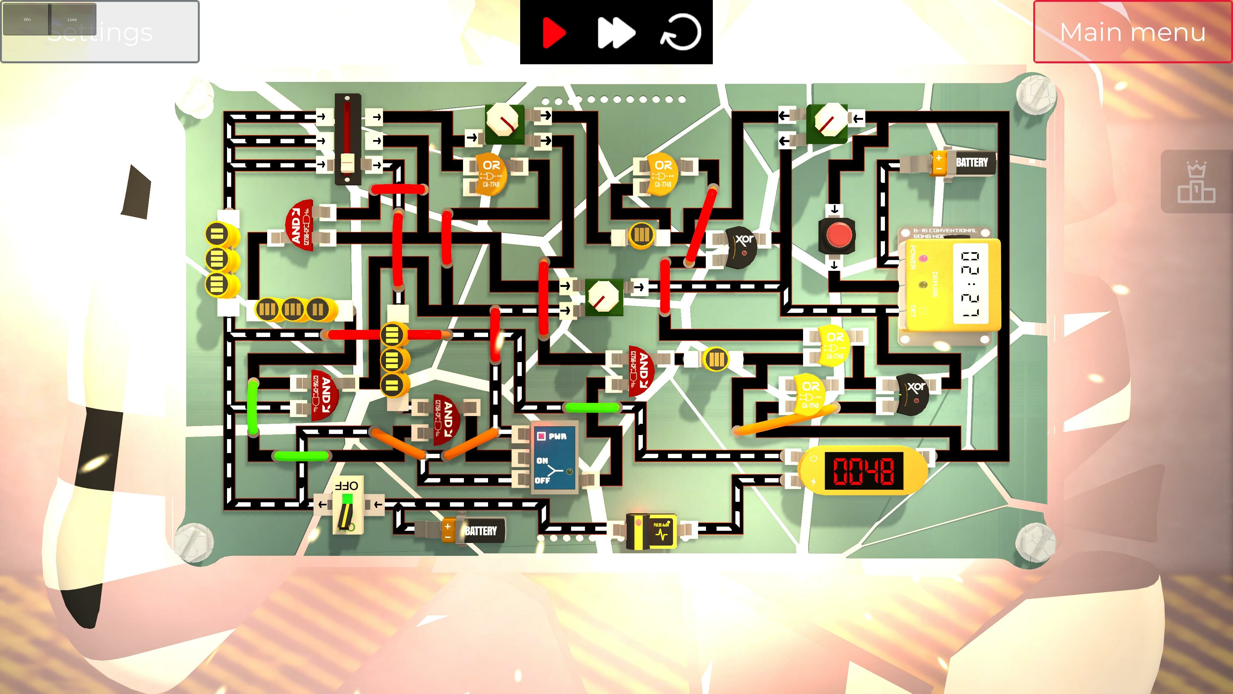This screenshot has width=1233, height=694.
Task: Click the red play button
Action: coord(554,32)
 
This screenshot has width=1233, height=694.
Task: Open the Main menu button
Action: coord(1132,32)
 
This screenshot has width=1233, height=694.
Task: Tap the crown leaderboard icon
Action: coord(1196,182)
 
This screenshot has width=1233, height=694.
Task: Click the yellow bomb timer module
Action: coord(950,285)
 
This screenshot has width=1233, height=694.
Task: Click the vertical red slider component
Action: coord(347,139)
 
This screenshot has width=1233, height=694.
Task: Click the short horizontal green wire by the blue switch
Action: coord(592,408)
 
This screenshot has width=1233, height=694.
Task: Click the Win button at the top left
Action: coord(27,20)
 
